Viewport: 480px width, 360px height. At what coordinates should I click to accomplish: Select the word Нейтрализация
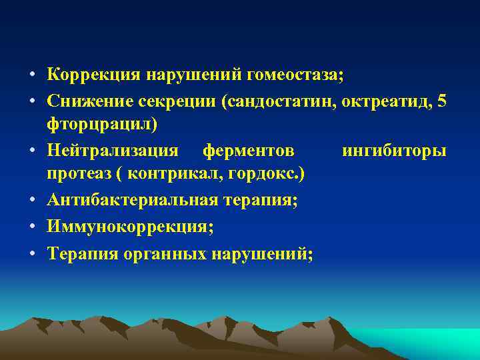coord(113,151)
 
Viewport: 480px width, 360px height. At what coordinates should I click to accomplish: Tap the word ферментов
coord(248,151)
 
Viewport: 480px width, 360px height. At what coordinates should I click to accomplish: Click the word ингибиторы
coord(394,151)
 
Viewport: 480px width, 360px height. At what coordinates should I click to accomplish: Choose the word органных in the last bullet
coord(165,252)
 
